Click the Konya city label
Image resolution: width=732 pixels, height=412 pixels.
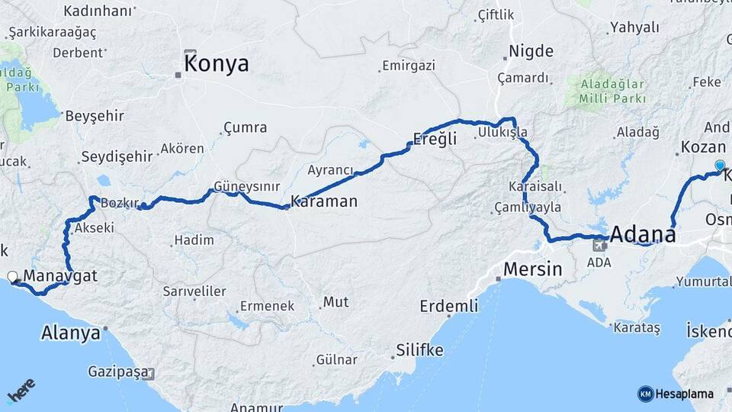click(x=217, y=63)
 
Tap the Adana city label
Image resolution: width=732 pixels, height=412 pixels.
click(x=643, y=233)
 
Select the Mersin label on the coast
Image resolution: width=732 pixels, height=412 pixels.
click(x=532, y=269)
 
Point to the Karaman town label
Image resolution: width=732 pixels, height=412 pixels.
click(x=324, y=201)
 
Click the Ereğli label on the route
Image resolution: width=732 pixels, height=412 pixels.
click(x=435, y=139)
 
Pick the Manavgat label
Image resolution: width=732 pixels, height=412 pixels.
click(x=60, y=275)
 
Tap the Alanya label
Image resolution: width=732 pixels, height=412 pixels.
click(x=71, y=333)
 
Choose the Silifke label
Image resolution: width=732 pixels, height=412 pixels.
click(x=419, y=351)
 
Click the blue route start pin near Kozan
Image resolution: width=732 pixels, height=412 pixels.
click(x=720, y=165)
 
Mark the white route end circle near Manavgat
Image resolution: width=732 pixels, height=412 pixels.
click(x=12, y=276)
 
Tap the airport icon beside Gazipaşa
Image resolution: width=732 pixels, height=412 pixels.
click(x=147, y=374)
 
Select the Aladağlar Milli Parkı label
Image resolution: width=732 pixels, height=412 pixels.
click(x=612, y=92)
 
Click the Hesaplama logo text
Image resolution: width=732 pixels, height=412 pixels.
click(x=683, y=394)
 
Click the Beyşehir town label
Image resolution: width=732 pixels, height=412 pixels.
click(x=94, y=116)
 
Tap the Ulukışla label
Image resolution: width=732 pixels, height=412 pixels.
click(x=502, y=133)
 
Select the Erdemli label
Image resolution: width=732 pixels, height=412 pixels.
click(x=449, y=306)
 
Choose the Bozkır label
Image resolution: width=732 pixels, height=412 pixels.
click(x=119, y=204)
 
